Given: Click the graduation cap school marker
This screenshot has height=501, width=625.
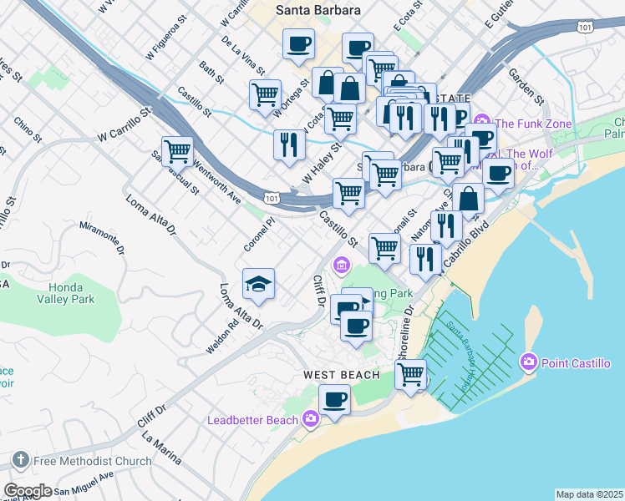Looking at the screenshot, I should (x=259, y=285).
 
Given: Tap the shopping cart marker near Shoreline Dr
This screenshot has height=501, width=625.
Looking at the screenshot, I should (x=410, y=375).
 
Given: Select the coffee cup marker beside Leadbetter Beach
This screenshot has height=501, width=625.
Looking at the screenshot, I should (x=336, y=399).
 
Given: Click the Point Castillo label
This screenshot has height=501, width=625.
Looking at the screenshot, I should (x=576, y=363).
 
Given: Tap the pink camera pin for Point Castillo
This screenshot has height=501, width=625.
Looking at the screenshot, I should (x=528, y=363).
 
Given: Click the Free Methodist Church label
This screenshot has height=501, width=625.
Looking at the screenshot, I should (x=92, y=460).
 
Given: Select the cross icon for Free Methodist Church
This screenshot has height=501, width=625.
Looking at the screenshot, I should (x=20, y=460).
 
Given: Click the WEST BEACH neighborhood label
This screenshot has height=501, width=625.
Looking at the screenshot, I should (x=341, y=375).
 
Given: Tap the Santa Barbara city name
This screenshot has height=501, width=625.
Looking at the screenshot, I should (x=318, y=11).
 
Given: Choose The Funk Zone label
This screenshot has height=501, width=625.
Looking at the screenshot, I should (x=541, y=124).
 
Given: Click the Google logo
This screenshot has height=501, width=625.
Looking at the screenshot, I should (x=28, y=491).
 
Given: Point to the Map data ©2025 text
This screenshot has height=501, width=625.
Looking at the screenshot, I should (x=589, y=494).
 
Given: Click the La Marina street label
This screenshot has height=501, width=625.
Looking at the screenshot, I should (x=161, y=447).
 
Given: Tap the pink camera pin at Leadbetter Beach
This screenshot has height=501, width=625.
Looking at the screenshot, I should (x=311, y=419).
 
